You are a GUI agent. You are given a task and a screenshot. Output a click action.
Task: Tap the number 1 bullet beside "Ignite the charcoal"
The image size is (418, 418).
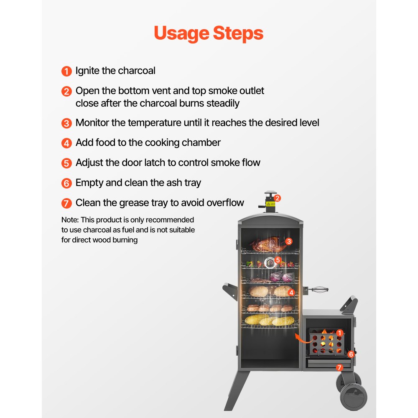[x=66, y=71]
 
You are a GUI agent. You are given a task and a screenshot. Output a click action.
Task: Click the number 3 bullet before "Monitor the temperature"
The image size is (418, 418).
[x=66, y=123]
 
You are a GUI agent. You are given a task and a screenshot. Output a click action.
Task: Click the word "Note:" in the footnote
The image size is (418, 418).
[x=70, y=219]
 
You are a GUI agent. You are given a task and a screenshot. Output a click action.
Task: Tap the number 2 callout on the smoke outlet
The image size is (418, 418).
[x=277, y=198]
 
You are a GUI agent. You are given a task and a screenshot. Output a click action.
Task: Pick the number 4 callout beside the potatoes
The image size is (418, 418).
[x=291, y=293]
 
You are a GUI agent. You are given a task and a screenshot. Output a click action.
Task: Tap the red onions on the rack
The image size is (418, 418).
[x=282, y=277]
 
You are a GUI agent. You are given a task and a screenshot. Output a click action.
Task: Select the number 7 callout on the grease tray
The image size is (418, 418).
[x=339, y=368]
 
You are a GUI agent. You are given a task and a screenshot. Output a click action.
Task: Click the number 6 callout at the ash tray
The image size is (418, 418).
[x=351, y=354]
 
